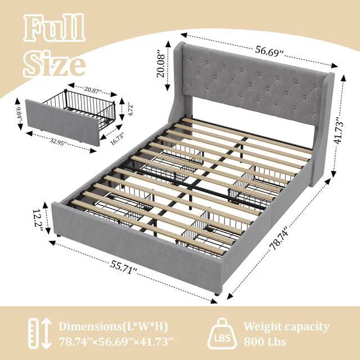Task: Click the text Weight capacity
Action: (x=286, y=326)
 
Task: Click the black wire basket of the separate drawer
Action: (x=92, y=106)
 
